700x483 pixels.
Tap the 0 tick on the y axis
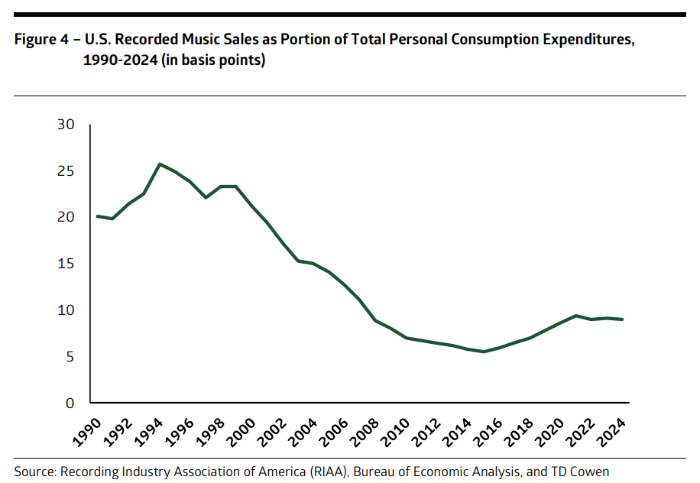[70, 403]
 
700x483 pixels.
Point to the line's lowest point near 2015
[484, 352]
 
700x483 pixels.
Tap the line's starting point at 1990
[97, 216]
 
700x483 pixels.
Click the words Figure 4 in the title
[41, 41]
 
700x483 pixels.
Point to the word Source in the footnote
[35, 472]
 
